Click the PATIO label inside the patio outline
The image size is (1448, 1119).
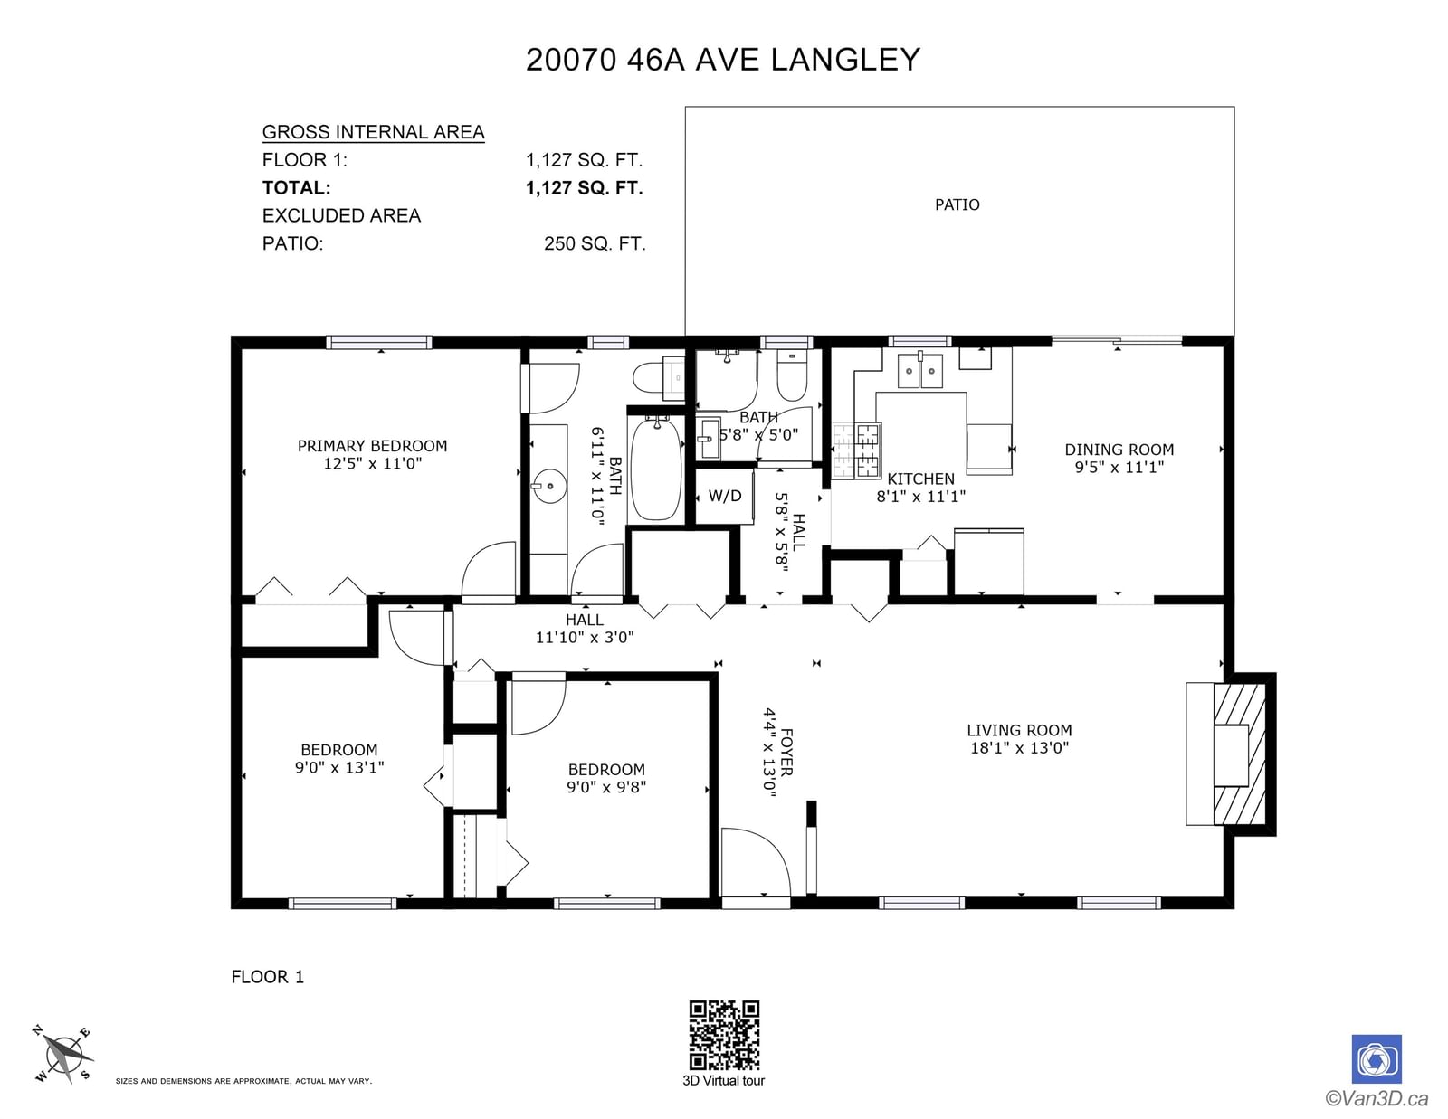click(957, 204)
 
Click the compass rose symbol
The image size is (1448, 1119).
click(62, 1055)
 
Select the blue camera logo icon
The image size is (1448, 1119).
click(1377, 1059)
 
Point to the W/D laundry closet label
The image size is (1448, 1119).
click(724, 496)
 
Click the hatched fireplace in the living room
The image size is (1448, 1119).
click(1239, 754)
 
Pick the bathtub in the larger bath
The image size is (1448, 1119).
click(656, 469)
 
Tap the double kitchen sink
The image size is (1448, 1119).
click(920, 370)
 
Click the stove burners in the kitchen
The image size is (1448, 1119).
click(857, 450)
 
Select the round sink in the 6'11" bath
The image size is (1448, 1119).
click(549, 487)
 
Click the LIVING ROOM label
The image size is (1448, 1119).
click(1019, 730)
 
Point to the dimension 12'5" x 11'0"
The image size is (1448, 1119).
click(373, 463)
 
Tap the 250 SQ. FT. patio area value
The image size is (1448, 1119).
click(595, 243)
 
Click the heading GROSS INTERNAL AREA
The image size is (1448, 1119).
click(373, 132)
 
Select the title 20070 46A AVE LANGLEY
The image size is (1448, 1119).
click(723, 60)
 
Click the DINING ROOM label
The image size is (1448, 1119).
click(1119, 450)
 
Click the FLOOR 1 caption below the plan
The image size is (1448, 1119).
click(267, 977)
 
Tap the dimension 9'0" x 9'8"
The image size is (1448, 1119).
click(605, 787)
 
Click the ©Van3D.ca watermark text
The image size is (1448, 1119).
click(1376, 1097)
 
